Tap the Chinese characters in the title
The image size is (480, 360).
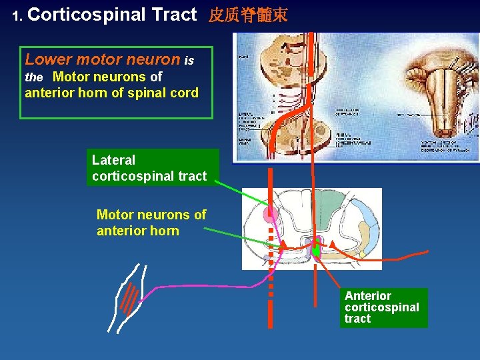coord(248,15)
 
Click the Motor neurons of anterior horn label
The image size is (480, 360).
coord(151,223)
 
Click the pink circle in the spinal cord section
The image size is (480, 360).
coord(270,214)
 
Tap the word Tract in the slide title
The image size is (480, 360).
coord(174,15)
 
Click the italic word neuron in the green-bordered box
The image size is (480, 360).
coord(157,59)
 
